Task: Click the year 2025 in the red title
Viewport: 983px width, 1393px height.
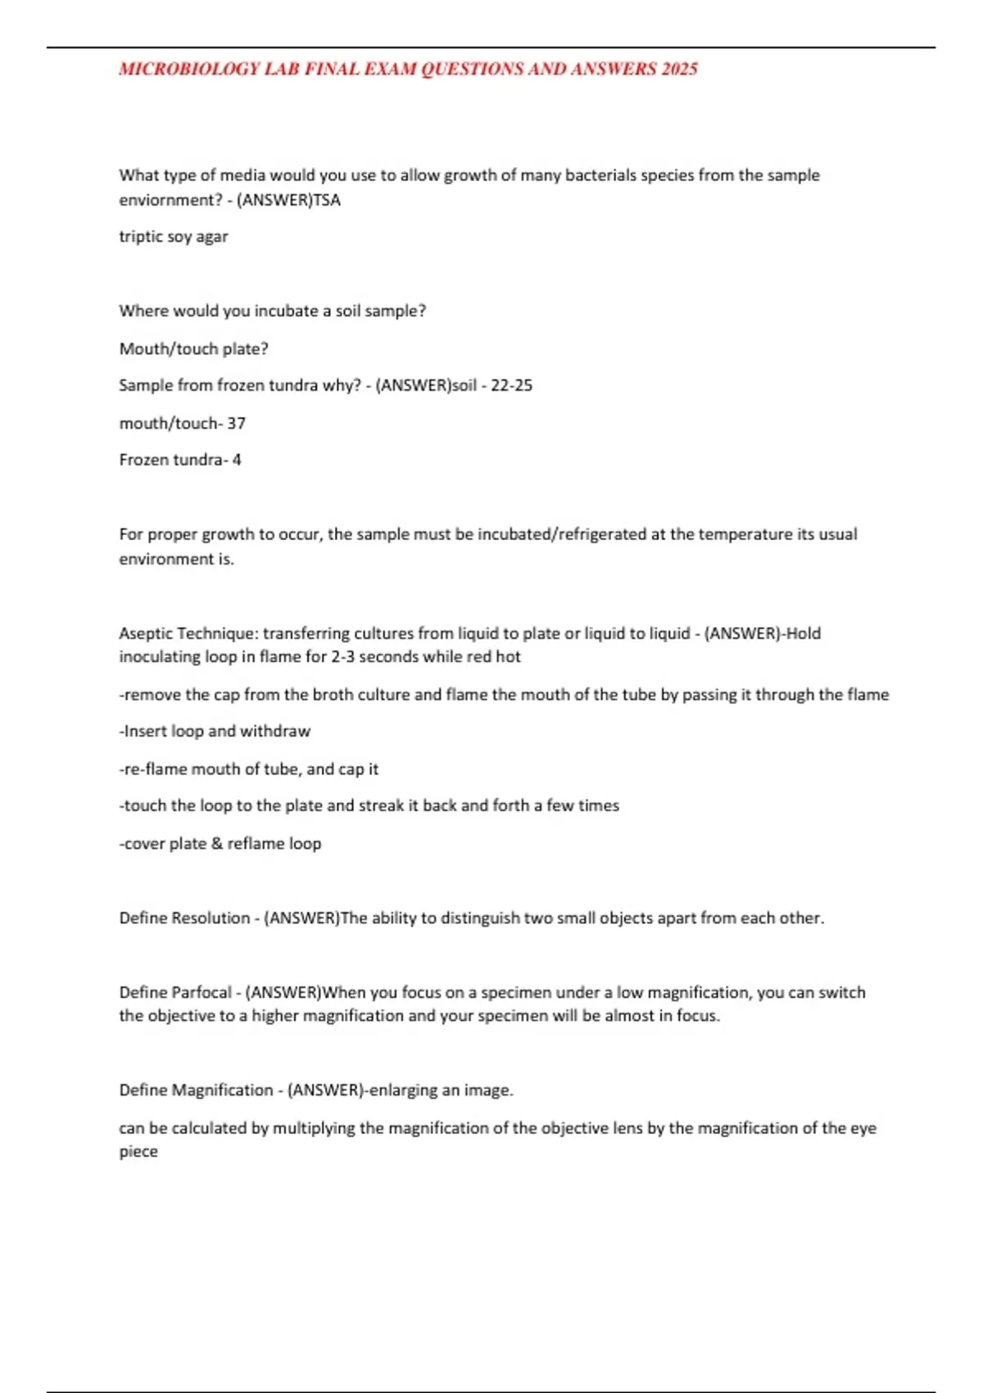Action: pyautogui.click(x=679, y=70)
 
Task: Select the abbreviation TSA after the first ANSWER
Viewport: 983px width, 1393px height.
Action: pyautogui.click(x=327, y=200)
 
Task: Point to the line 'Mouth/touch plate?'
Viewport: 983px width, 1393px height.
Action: pyautogui.click(x=193, y=349)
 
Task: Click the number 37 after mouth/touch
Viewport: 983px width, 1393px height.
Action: pyautogui.click(x=236, y=424)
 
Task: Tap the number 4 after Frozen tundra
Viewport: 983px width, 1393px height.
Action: pyautogui.click(x=237, y=460)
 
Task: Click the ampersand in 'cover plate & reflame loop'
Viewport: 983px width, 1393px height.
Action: pyautogui.click(x=216, y=843)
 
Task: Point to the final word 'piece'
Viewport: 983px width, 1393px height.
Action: pyautogui.click(x=138, y=1152)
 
